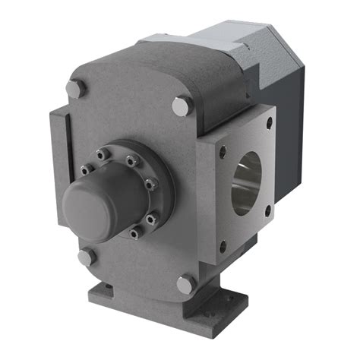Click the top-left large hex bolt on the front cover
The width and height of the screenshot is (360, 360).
tap(75, 89)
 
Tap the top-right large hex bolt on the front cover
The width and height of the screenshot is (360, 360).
tap(180, 106)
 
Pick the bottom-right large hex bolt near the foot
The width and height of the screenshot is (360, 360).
tap(185, 285)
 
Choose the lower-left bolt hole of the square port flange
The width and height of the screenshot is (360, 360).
tap(223, 245)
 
